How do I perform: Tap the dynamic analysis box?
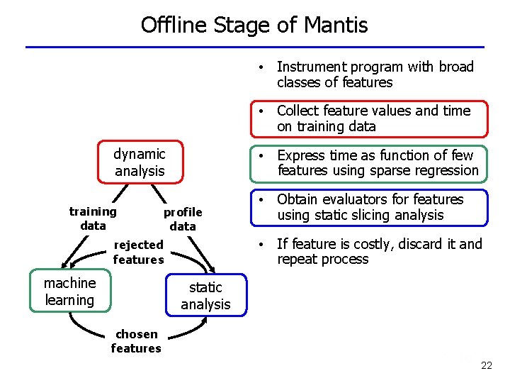tap(140, 162)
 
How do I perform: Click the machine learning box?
tap(69, 292)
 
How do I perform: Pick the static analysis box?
tap(205, 296)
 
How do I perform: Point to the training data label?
tap(93, 218)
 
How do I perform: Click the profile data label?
tap(183, 219)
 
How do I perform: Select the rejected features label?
tap(138, 252)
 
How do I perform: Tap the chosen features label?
tap(136, 341)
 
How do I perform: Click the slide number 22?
tap(486, 365)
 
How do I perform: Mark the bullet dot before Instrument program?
tap(262, 67)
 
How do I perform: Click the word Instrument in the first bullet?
tap(310, 67)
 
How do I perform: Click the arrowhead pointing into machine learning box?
tap(66, 261)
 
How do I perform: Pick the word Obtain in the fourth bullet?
tap(300, 199)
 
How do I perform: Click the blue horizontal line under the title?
tap(255, 47)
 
